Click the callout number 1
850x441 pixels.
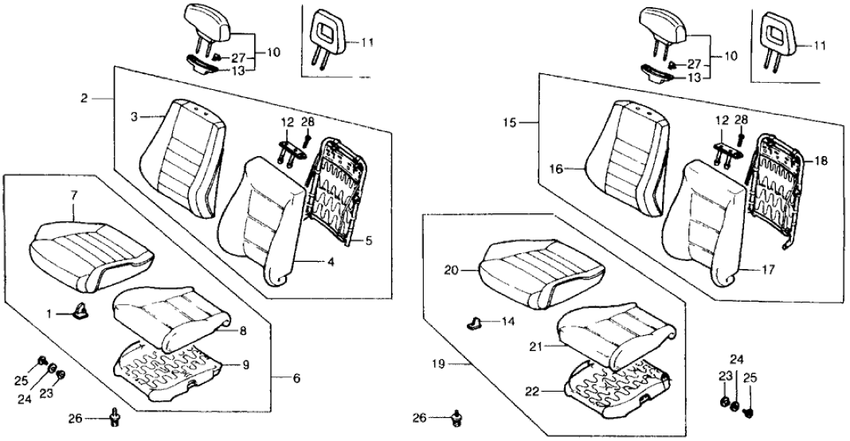(x=48, y=314)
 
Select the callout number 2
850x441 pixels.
(x=84, y=99)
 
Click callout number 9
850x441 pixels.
(x=246, y=365)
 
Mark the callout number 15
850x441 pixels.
(x=510, y=123)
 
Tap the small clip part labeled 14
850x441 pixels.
(x=475, y=322)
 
